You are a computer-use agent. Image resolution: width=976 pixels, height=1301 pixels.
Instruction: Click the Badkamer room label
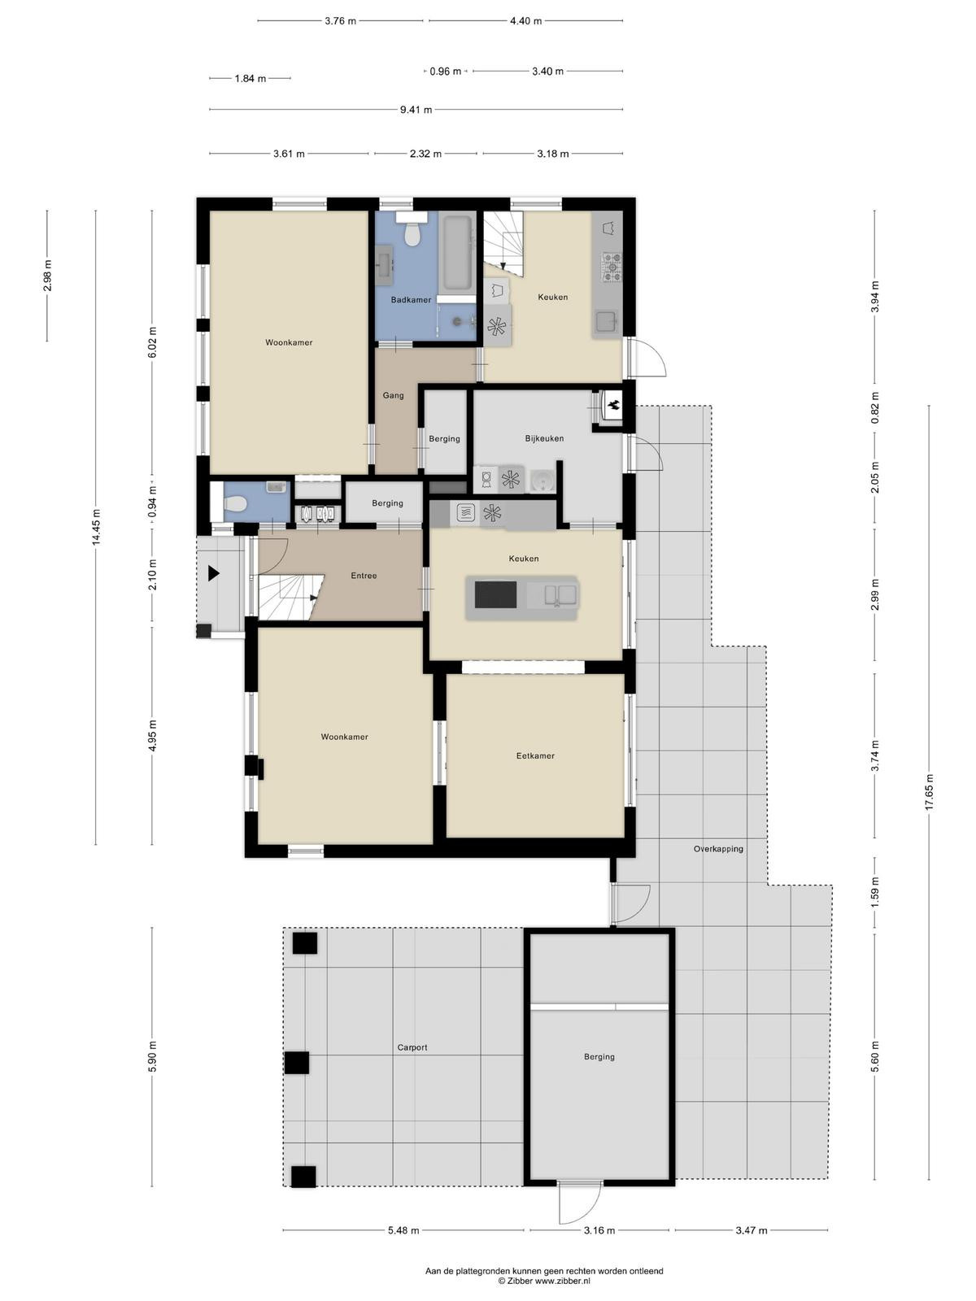pos(411,300)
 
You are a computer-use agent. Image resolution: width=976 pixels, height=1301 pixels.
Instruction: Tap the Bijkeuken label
pos(544,438)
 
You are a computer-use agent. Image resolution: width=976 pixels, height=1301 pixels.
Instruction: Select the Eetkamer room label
pos(535,755)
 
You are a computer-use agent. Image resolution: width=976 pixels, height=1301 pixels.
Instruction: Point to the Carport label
pos(412,1047)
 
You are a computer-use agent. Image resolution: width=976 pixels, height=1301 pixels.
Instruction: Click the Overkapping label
pos(718,849)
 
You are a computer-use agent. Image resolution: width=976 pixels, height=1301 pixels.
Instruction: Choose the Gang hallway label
pos(393,395)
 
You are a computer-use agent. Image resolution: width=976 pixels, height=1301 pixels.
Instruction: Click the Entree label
pos(364,576)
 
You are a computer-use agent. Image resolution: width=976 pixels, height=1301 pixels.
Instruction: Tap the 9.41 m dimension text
pos(416,110)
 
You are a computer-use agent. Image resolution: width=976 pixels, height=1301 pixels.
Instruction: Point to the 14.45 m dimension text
pos(96,527)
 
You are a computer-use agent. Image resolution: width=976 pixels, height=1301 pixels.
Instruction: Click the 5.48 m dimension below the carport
pos(403,1209)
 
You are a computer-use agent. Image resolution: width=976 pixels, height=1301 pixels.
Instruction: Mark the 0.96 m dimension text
pos(446,71)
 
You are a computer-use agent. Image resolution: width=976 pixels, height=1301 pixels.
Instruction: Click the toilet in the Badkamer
pos(412,230)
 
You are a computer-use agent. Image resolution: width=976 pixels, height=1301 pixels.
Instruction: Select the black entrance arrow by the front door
pos(213,573)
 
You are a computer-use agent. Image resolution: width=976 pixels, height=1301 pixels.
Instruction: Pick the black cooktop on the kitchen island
pos(495,594)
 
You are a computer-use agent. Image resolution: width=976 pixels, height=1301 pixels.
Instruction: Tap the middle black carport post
pos(296,1063)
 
